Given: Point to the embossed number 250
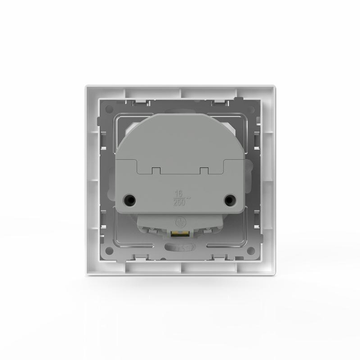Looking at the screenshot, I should tap(179, 203).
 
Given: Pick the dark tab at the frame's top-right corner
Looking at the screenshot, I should tap(236, 98).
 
